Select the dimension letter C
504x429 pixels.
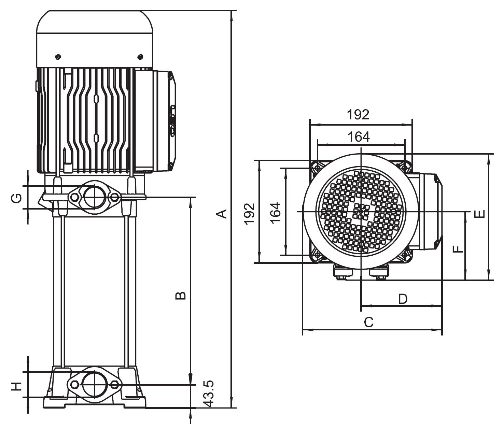pyautogui.click(x=369, y=322)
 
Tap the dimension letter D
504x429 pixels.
pyautogui.click(x=403, y=299)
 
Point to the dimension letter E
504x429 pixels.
pyautogui.click(x=480, y=214)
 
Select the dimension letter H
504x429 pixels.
pyautogui.click(x=17, y=386)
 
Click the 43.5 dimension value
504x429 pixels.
pyautogui.click(x=210, y=393)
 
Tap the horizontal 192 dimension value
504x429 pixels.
pyautogui.click(x=358, y=115)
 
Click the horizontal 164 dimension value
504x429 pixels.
pyautogui.click(x=359, y=137)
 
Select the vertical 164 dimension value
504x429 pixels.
pyautogui.click(x=276, y=213)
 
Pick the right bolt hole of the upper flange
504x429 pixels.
pyautogui.click(x=114, y=197)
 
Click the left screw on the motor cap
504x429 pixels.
pyautogui.click(x=58, y=56)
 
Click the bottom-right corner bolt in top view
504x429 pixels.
pyautogui.click(x=405, y=255)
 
